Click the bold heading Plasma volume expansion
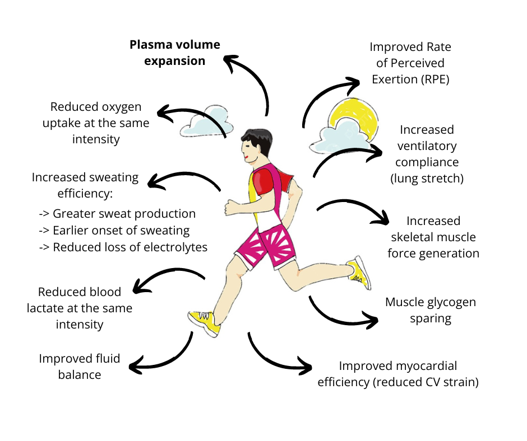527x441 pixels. tap(175, 53)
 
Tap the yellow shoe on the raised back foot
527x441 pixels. tap(359, 272)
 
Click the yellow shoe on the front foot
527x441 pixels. tap(204, 322)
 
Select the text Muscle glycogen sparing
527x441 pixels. tap(430, 310)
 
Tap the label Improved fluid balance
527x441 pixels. tap(80, 367)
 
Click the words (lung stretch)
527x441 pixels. tap(427, 179)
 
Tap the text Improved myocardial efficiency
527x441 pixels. tap(398, 367)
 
